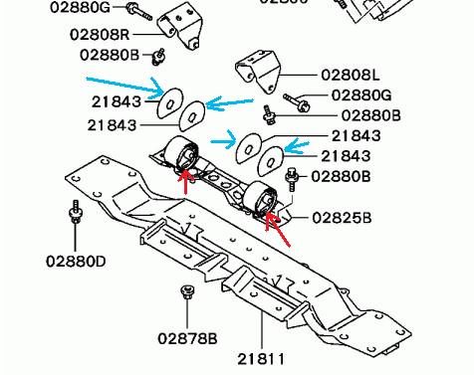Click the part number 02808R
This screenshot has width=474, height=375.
(100, 34)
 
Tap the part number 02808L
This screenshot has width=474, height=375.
(350, 75)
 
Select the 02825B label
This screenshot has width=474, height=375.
(342, 218)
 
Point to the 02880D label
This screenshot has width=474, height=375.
(76, 262)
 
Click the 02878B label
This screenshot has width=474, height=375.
(187, 338)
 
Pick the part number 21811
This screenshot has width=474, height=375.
(261, 359)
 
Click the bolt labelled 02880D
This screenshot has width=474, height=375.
(76, 212)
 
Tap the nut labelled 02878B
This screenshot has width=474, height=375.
(187, 291)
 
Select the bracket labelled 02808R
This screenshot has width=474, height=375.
(180, 28)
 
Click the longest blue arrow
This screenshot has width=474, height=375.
(125, 88)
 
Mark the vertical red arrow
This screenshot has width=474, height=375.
(186, 181)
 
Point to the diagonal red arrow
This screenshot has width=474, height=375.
(277, 229)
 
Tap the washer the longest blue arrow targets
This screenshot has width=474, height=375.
(170, 103)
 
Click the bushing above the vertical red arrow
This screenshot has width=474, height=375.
(182, 153)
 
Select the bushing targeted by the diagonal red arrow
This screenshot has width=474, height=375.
(260, 198)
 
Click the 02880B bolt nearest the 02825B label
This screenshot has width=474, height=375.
(292, 179)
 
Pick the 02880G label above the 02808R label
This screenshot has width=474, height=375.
(80, 7)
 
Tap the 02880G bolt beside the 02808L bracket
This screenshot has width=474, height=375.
(297, 102)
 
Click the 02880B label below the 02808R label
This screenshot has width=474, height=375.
(110, 55)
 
